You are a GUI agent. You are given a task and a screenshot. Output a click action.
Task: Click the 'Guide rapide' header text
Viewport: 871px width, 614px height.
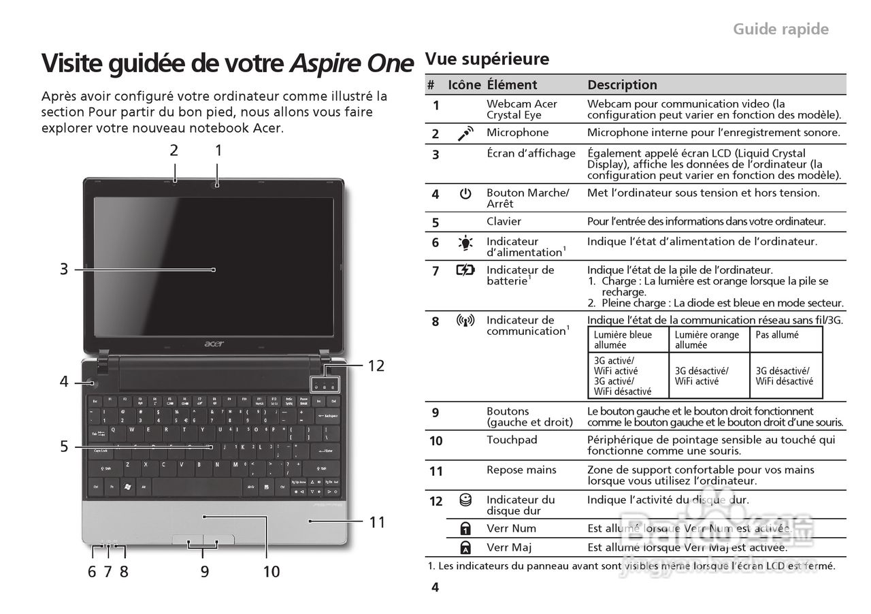(x=780, y=29)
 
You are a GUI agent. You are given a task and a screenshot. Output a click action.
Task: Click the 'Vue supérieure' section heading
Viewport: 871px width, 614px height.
(x=487, y=59)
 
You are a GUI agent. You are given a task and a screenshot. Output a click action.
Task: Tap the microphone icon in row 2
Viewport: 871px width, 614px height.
(x=465, y=133)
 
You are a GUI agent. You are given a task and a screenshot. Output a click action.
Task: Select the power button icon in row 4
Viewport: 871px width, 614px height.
(x=465, y=194)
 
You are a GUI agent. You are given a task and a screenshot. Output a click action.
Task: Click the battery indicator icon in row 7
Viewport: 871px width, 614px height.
(x=465, y=270)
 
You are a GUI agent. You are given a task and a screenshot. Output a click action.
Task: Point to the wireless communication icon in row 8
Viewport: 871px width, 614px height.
(x=465, y=321)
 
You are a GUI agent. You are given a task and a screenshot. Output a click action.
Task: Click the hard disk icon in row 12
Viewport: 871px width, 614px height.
(x=465, y=500)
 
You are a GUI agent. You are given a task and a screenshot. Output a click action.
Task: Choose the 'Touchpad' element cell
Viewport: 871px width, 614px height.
(x=512, y=440)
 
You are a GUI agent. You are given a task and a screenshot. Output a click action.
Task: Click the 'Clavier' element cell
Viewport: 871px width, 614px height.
(x=504, y=221)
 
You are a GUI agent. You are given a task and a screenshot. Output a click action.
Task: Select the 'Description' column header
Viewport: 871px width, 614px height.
(x=622, y=85)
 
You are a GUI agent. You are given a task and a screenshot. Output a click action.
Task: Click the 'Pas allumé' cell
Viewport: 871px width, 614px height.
(x=777, y=335)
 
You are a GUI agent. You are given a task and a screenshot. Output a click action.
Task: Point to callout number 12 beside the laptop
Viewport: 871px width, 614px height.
(x=376, y=366)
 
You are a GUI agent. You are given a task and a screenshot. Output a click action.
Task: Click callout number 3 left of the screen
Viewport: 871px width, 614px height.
(x=63, y=270)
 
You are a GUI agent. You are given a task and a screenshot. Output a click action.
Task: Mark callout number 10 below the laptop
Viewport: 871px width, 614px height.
(x=271, y=572)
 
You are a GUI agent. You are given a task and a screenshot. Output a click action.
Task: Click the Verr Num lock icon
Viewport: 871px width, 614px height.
(x=465, y=529)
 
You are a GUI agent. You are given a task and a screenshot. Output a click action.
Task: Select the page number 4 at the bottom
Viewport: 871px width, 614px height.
(x=435, y=587)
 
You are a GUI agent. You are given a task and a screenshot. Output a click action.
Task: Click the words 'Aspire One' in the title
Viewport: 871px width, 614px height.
(x=352, y=63)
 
